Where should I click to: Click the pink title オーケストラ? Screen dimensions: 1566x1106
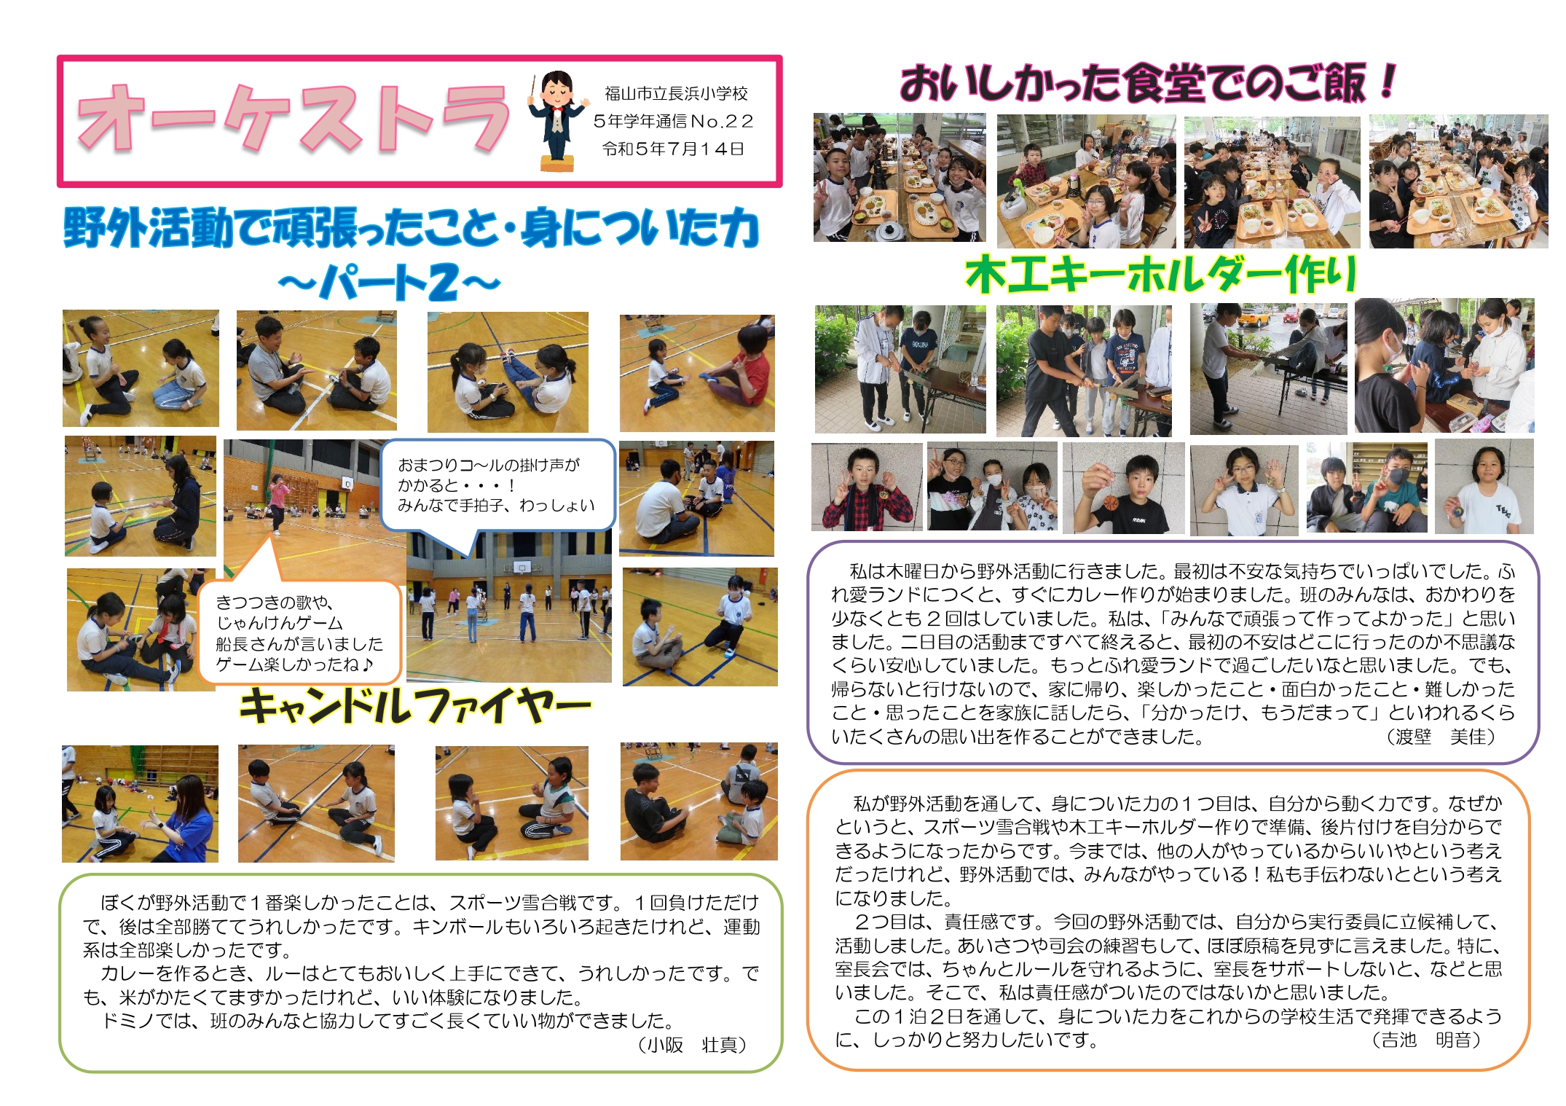pos(293,119)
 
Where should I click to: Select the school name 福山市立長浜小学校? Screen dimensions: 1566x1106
pos(676,93)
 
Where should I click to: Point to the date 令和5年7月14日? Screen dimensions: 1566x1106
pos(673,149)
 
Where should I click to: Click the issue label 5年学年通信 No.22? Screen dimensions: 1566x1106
pos(673,121)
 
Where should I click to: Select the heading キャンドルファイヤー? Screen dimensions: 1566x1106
pos(415,705)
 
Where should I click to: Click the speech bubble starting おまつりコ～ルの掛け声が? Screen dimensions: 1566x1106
pos(498,485)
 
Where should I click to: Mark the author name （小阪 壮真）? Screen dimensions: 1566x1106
pos(692,1045)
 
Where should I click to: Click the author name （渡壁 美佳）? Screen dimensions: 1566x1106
pos(1441,737)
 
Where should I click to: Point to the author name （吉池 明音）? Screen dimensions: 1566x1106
pos(1426,1040)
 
